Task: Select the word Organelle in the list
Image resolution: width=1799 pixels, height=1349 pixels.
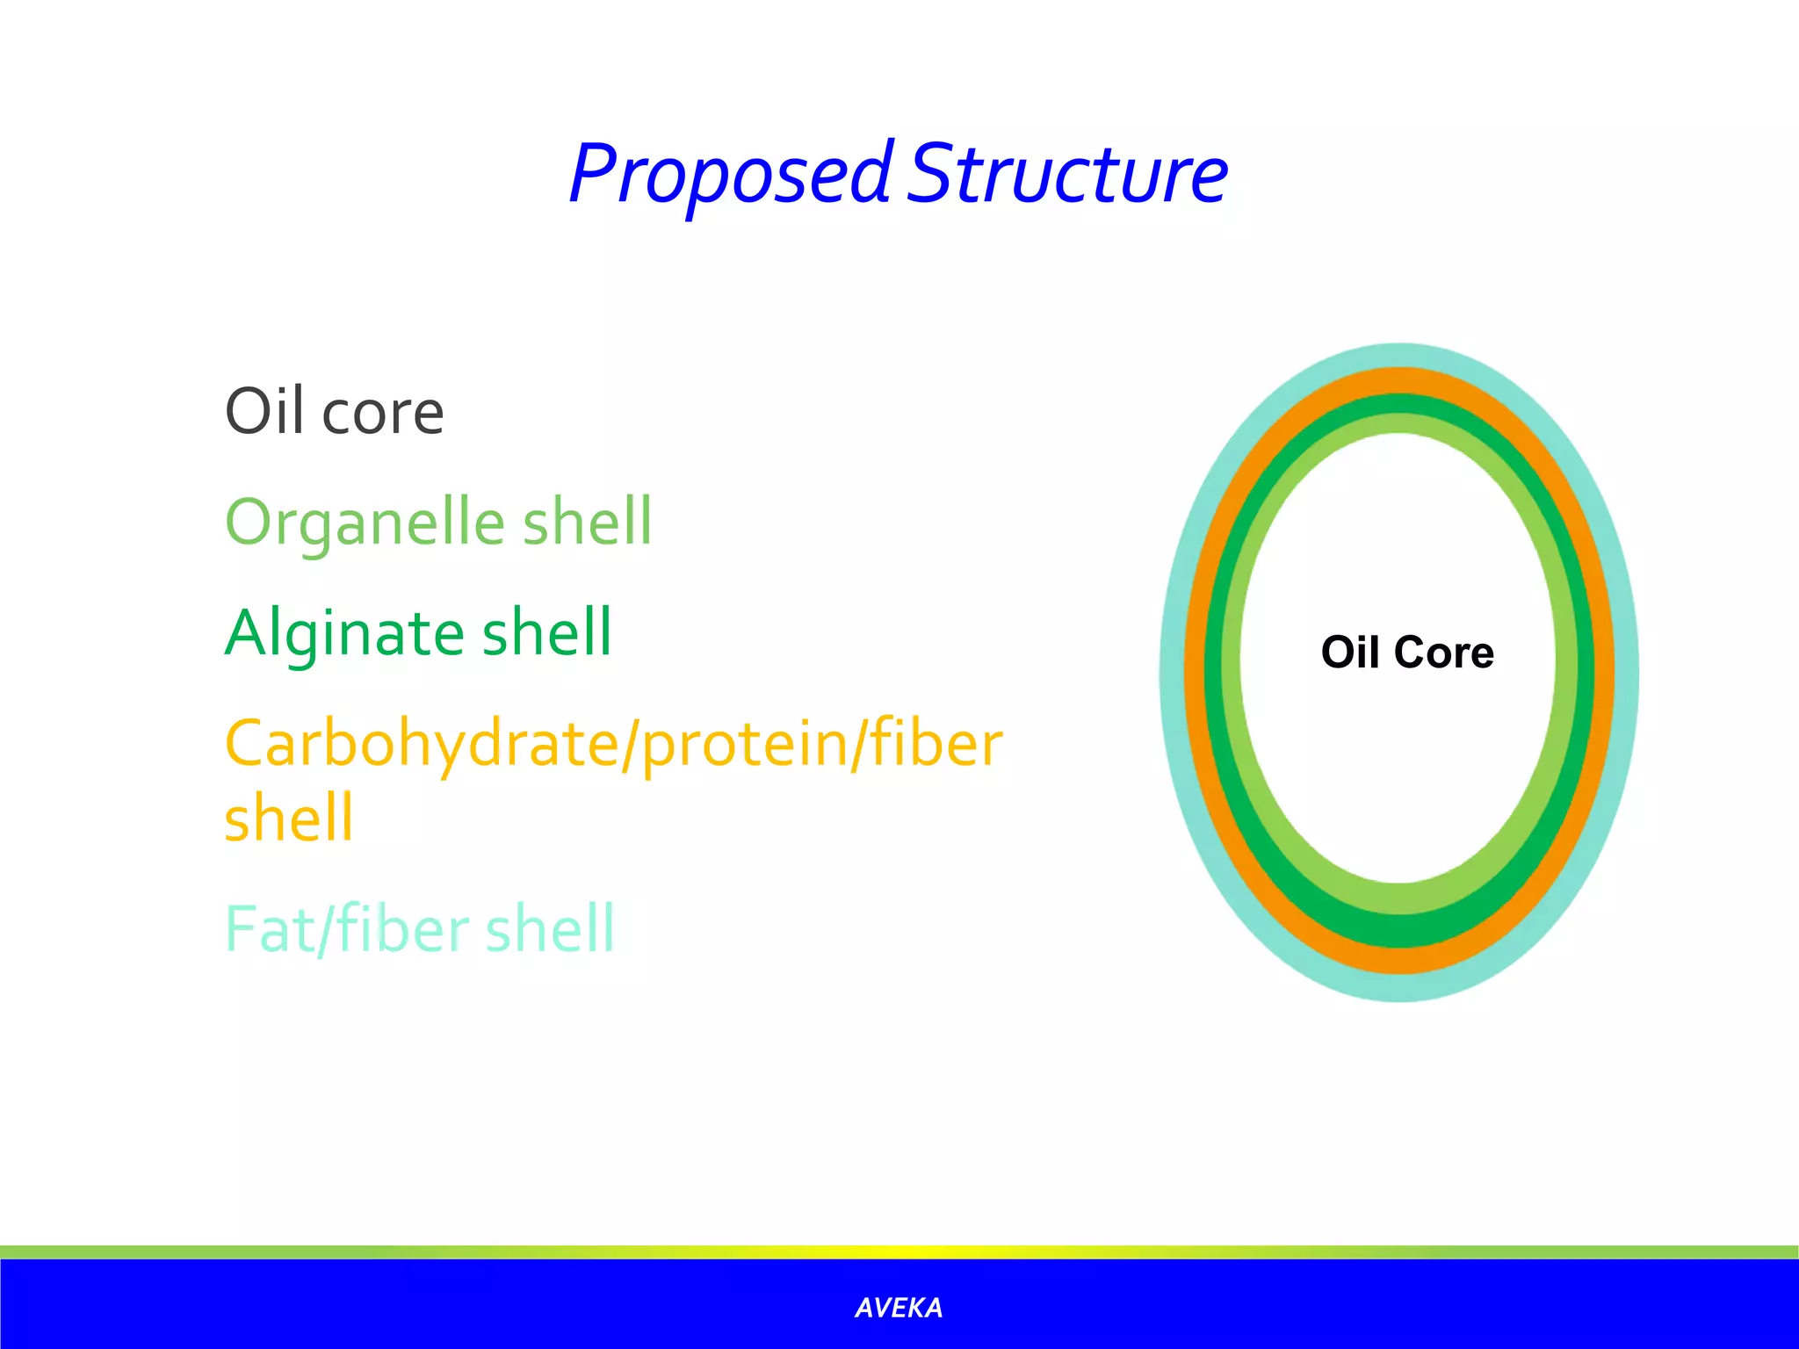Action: [365, 522]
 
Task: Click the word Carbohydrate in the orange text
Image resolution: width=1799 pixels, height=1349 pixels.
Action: [422, 744]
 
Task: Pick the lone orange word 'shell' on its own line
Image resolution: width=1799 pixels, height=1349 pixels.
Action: [289, 818]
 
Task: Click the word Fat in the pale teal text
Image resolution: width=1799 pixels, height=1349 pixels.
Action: [268, 928]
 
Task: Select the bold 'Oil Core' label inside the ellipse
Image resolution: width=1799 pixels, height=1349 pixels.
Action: [1407, 652]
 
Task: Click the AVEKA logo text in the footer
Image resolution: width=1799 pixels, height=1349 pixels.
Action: [899, 1308]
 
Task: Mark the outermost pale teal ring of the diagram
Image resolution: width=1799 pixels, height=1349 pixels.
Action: [1172, 673]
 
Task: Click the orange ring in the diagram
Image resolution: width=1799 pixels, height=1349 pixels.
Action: [1195, 673]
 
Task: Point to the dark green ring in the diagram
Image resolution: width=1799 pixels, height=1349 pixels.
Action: [1213, 673]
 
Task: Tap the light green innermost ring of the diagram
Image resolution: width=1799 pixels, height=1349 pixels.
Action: [1231, 673]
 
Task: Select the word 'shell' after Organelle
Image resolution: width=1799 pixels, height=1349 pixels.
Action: [588, 522]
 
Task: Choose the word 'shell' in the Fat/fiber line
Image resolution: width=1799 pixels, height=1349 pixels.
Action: [550, 928]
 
